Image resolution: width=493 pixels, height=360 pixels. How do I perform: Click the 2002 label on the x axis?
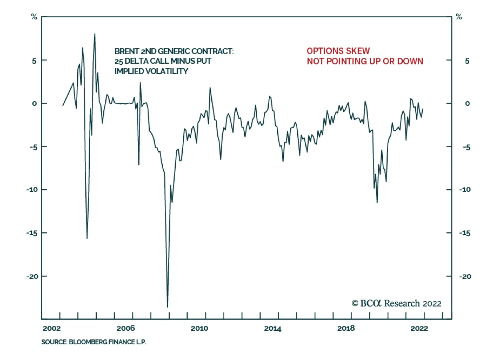point(51,328)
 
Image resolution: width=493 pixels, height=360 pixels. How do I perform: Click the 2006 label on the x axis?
point(125,328)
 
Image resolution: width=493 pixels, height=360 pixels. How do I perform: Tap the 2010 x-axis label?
point(199,328)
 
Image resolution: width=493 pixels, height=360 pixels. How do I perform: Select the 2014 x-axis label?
point(272,328)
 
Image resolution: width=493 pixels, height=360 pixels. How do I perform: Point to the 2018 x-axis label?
point(346,328)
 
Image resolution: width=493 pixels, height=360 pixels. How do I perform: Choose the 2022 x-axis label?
point(419,328)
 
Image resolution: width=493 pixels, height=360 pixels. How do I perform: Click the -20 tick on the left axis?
point(32,276)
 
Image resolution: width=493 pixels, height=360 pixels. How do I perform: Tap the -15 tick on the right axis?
point(465,233)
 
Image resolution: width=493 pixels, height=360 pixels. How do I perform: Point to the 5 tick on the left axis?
point(34,61)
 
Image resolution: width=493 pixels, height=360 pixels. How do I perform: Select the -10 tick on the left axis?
point(32,190)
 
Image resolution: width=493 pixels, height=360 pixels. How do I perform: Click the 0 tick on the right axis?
point(467,104)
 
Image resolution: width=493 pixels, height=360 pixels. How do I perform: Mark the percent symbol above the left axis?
point(34,17)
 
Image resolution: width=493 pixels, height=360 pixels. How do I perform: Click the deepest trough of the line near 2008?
point(168,307)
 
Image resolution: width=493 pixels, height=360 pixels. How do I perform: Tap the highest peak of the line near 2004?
point(95,34)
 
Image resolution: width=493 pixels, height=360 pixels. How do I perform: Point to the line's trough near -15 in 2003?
point(87,238)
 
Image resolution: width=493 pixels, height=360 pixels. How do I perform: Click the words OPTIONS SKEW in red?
point(338,51)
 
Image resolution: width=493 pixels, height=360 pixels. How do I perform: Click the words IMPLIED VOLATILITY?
point(151,71)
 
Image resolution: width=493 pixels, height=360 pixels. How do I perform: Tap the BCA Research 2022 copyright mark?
point(396,304)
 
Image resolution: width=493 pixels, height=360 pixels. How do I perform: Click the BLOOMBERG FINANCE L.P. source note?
point(107,342)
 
